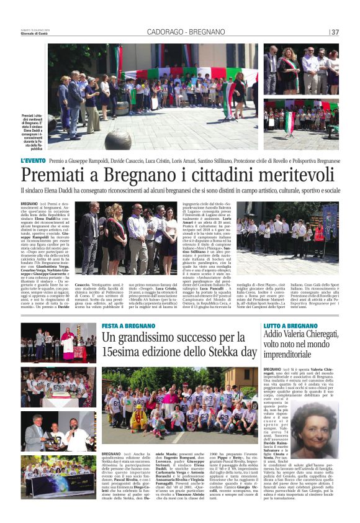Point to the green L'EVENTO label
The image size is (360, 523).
32,160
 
